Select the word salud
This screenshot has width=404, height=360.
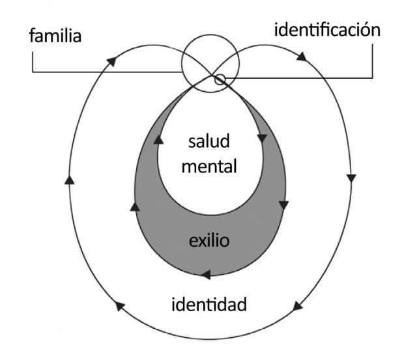pyautogui.click(x=210, y=141)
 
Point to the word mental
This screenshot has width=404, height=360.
pyautogui.click(x=209, y=166)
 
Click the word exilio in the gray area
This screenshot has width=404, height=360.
pyautogui.click(x=209, y=242)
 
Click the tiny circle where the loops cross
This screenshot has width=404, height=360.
pyautogui.click(x=220, y=80)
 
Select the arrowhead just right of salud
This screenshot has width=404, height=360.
pyautogui.click(x=262, y=138)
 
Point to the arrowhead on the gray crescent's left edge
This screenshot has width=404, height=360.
pyautogui.click(x=136, y=206)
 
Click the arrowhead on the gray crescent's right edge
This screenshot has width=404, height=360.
pyautogui.click(x=283, y=205)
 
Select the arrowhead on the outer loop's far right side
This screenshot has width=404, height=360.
pyautogui.click(x=353, y=177)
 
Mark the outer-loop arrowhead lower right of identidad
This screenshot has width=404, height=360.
pyautogui.click(x=298, y=305)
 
